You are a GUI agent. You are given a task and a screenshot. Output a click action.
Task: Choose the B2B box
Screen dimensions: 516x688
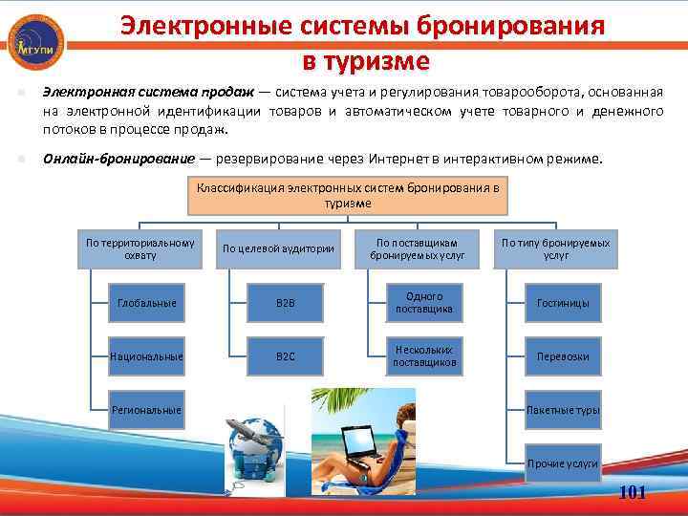285,303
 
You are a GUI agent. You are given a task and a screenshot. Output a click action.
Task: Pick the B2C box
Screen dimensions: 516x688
285,356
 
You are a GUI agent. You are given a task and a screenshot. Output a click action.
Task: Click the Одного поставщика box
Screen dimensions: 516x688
423,303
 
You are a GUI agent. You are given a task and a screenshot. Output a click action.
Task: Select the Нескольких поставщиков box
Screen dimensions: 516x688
423,356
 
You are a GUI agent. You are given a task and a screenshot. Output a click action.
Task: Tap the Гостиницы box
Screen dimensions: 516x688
562,303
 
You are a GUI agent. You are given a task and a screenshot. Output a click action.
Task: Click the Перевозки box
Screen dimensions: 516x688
562,356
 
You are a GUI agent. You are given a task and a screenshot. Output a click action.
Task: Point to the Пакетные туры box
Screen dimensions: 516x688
562,409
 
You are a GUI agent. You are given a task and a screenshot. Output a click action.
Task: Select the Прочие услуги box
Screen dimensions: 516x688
562,462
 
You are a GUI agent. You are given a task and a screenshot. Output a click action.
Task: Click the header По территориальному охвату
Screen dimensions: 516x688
140,248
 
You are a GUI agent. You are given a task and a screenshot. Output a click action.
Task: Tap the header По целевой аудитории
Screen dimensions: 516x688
278,248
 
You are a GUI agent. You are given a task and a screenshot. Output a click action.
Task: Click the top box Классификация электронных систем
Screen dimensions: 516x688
348,195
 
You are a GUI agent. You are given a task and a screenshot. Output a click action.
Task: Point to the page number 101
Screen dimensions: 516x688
633,492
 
